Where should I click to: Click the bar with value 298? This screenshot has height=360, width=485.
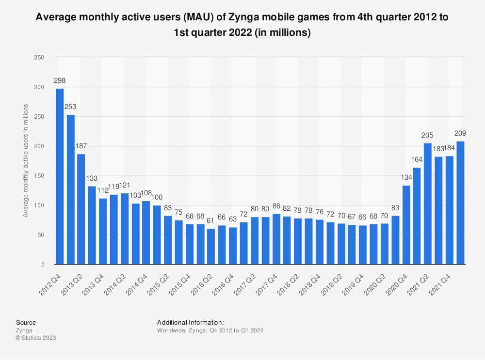point(60,176)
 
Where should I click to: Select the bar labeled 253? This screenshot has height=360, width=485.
point(71,189)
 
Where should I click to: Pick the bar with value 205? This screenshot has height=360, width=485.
point(428,203)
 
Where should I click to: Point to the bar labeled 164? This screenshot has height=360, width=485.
point(417,216)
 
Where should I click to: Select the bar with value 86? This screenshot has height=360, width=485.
point(276,239)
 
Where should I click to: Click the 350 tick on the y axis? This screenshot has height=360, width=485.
point(39,58)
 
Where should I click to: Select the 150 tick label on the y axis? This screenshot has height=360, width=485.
point(39,176)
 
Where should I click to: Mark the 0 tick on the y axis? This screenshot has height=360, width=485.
point(43,265)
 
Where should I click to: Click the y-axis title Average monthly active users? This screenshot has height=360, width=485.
point(26,161)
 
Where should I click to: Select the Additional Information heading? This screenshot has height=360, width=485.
point(191,322)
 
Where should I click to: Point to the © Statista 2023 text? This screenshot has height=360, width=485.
point(36,338)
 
